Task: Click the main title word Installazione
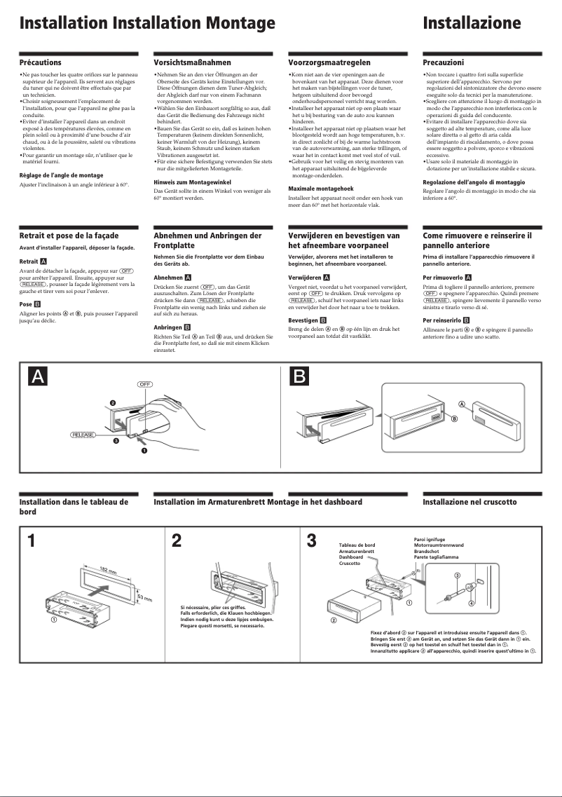472,23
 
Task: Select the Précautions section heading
40,62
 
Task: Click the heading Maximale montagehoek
321,189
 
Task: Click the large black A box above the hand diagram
38,376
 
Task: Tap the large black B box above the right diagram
299,376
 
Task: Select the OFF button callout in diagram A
144,385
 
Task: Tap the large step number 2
177,540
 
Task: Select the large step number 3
312,540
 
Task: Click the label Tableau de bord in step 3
357,545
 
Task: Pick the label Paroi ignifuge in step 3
430,539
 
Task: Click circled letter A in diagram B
462,404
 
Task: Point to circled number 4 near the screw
472,603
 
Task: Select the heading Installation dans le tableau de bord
73,506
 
